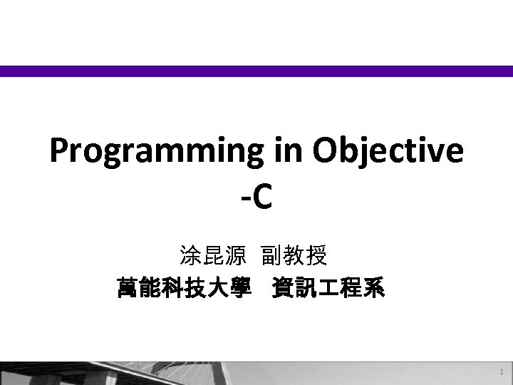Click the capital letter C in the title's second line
[x=261, y=198]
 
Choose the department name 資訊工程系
[x=328, y=289]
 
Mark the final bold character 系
[x=373, y=289]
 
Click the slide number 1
[x=502, y=372]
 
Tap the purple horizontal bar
[x=256, y=71]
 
